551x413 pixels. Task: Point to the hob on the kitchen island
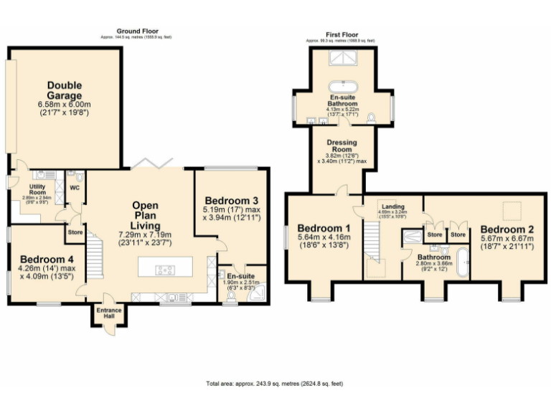point(165,270)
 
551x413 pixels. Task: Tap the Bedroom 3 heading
point(231,199)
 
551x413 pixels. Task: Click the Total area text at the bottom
point(275,384)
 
